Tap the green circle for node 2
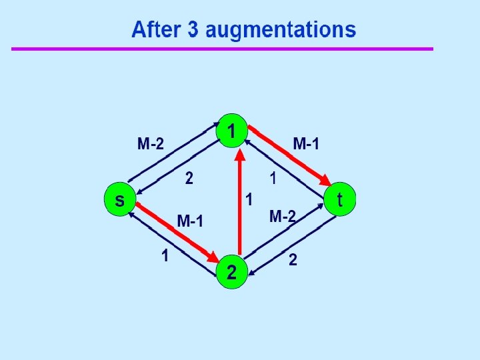231,272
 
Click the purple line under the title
222,49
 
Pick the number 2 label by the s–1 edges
189,179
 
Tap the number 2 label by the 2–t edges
293,260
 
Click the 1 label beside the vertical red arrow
249,199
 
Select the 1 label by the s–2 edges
163,255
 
